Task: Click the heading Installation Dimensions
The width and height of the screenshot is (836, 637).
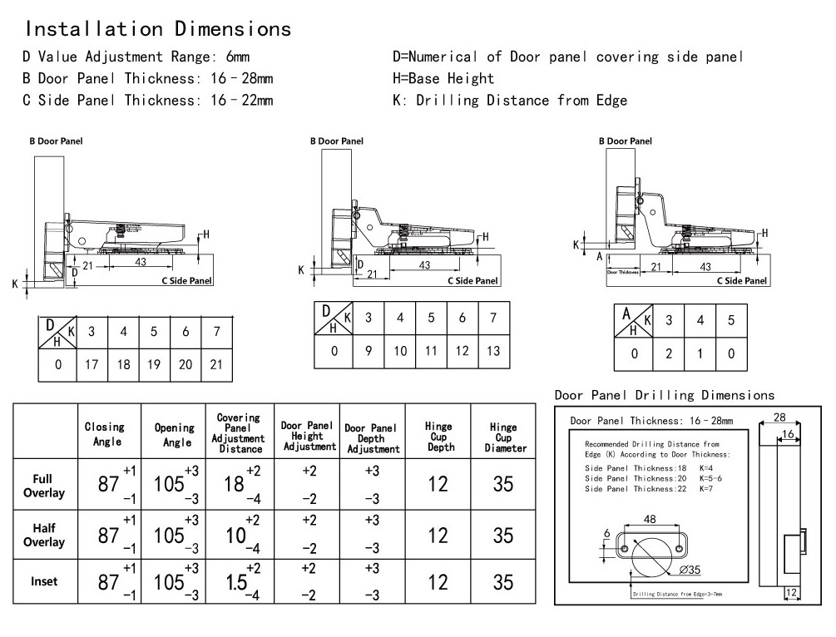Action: click(x=158, y=29)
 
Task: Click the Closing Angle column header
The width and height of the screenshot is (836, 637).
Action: click(x=105, y=434)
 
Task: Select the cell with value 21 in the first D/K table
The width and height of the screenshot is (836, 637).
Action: click(x=216, y=364)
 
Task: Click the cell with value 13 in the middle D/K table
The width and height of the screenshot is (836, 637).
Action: click(x=493, y=350)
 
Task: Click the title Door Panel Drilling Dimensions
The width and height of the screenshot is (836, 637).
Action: click(x=664, y=396)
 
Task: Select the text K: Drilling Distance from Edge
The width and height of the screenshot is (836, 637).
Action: click(x=510, y=101)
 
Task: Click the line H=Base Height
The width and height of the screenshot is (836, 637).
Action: click(x=443, y=79)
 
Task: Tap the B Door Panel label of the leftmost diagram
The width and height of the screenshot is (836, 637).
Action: click(x=57, y=141)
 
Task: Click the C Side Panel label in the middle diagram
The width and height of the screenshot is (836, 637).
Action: click(x=472, y=281)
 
